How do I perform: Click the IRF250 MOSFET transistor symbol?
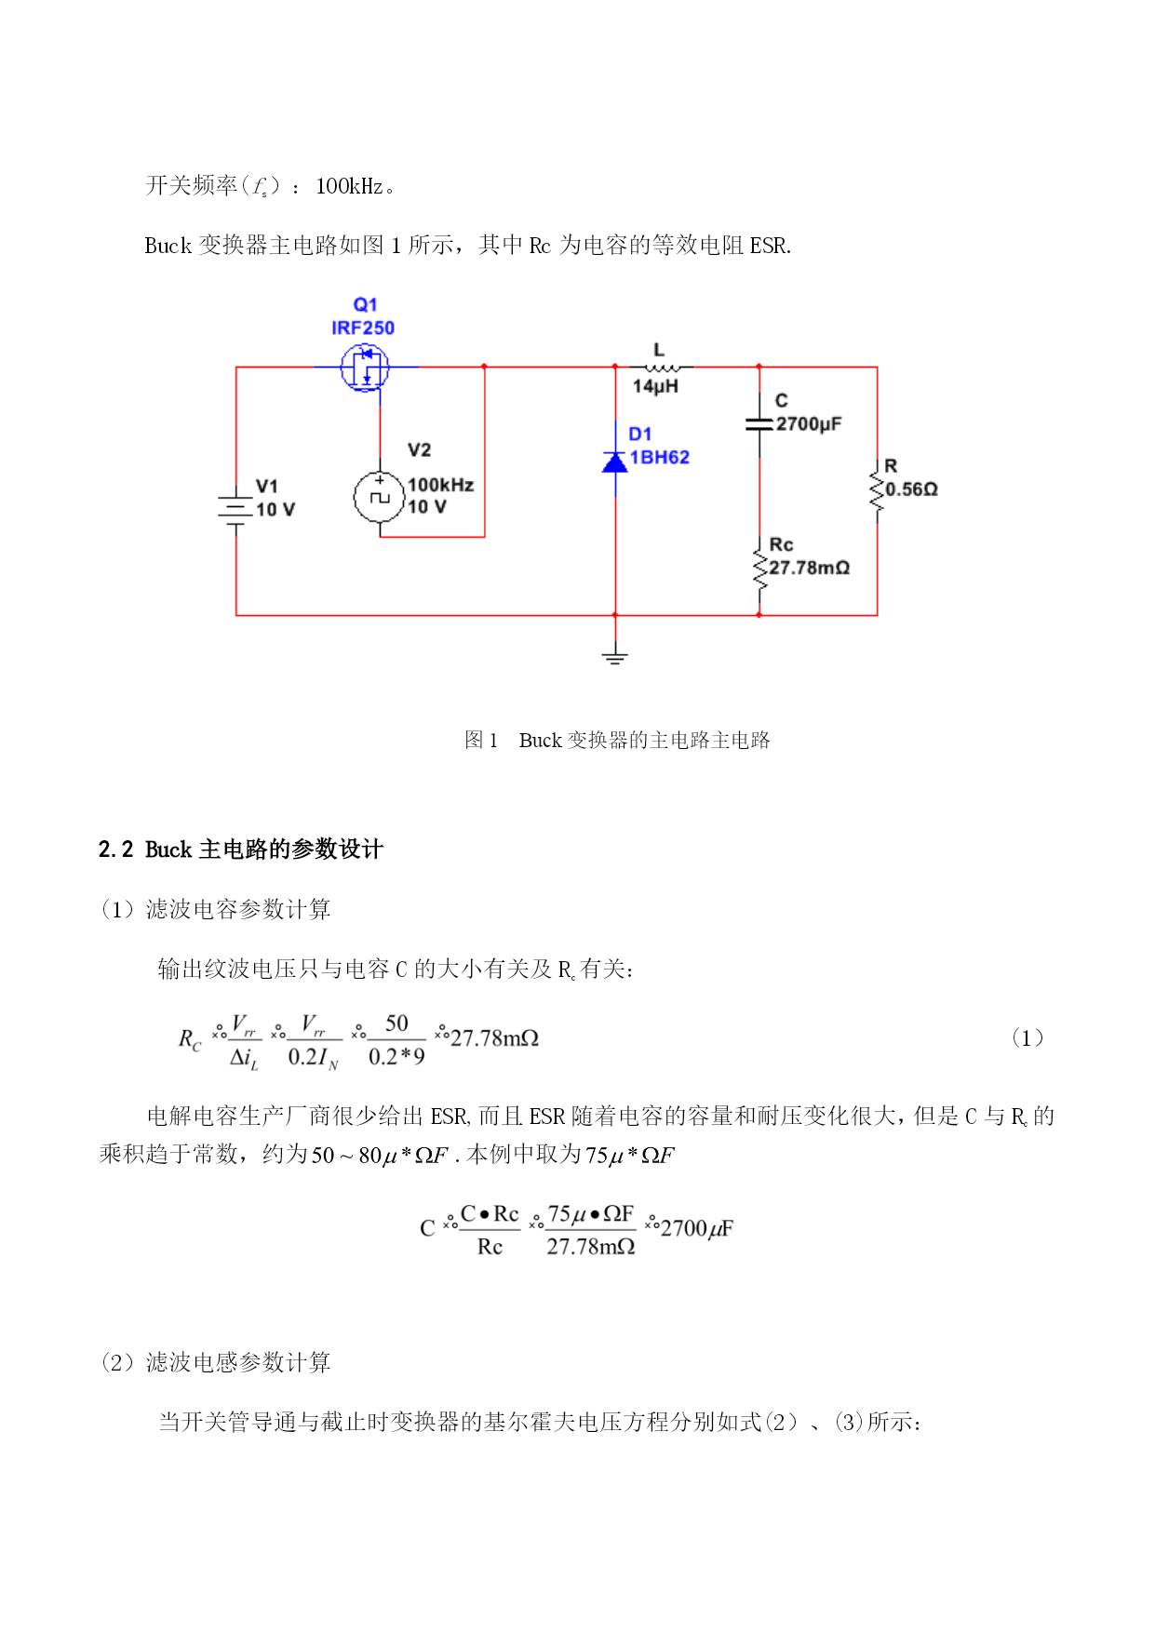point(365,368)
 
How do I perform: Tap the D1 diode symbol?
point(615,462)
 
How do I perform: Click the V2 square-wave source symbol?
point(380,497)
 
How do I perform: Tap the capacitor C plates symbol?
point(759,424)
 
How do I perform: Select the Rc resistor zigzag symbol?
point(759,569)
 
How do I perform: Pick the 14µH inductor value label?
point(655,386)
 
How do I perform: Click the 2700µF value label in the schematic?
point(809,424)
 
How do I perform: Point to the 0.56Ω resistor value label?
point(911,489)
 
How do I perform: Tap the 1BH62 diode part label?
point(659,457)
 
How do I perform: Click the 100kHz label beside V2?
point(440,485)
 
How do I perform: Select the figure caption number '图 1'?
point(481,740)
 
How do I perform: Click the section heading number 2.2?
point(116,849)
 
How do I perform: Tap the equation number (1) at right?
point(1027,1038)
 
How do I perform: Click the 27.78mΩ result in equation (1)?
point(494,1038)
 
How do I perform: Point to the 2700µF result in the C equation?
point(696,1228)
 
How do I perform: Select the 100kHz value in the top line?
point(350,186)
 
